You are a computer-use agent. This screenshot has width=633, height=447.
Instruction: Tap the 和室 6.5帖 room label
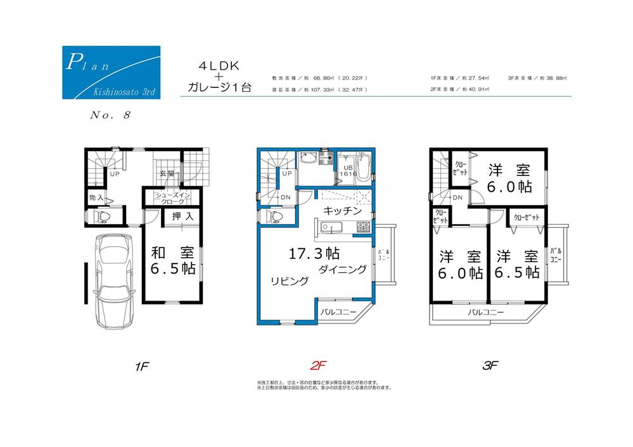(172, 260)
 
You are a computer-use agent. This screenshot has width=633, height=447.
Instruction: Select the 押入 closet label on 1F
(183, 217)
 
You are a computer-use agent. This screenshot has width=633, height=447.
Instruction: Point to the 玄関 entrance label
(167, 173)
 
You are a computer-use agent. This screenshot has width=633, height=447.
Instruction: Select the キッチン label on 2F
(342, 210)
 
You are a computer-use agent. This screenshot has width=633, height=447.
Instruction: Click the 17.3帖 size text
(314, 255)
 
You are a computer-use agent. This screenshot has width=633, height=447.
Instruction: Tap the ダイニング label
(342, 270)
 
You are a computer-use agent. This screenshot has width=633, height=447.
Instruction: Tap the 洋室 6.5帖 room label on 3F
(518, 264)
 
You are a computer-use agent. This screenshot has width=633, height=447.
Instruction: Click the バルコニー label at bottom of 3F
(486, 313)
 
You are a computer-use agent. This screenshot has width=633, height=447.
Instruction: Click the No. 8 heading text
(106, 115)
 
